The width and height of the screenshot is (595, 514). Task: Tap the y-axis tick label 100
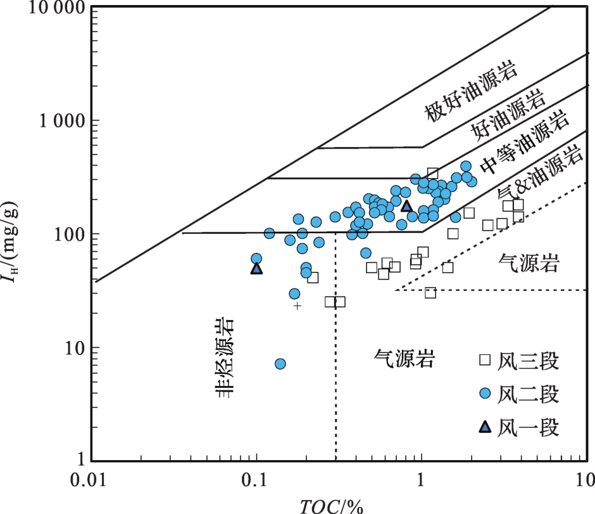(68, 235)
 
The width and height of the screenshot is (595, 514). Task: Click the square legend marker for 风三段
(485, 361)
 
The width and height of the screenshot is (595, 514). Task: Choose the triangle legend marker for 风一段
(485, 427)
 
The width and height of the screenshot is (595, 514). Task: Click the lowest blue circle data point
(280, 364)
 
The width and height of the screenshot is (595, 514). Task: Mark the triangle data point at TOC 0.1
(256, 269)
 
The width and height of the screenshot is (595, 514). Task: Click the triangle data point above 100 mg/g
(406, 206)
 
